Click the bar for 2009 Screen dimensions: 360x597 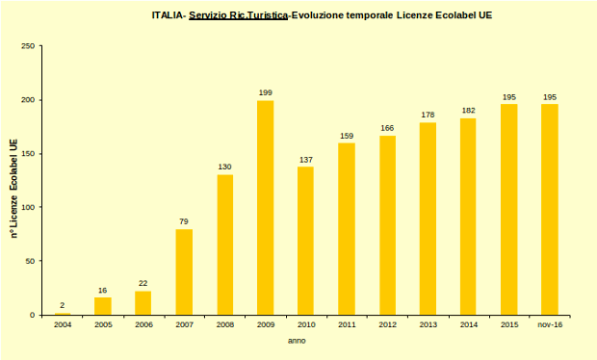coord(265,208)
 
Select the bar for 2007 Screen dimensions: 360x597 coord(184,272)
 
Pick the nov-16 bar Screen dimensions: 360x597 coord(550,210)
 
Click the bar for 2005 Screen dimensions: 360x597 coord(102,306)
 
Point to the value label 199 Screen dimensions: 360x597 coord(265,92)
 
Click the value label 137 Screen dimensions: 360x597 coord(306,159)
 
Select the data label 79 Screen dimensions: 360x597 coord(184,221)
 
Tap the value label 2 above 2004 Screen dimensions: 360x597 coord(62,305)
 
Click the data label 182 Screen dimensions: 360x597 coord(468,111)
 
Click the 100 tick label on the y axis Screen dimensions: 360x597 coord(29,207)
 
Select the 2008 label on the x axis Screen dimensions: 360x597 coord(224,325)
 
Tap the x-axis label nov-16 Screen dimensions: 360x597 coord(550,325)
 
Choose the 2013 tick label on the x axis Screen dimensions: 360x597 coord(428,325)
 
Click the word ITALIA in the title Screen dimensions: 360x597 coord(169,16)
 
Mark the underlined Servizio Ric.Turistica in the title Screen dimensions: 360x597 coord(239,16)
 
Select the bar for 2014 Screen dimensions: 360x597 coord(468,217)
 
